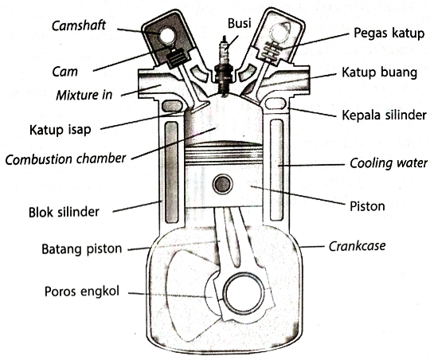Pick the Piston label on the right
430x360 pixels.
click(367, 205)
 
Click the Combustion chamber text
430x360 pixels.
click(65, 158)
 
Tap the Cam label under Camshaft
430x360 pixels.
click(65, 70)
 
